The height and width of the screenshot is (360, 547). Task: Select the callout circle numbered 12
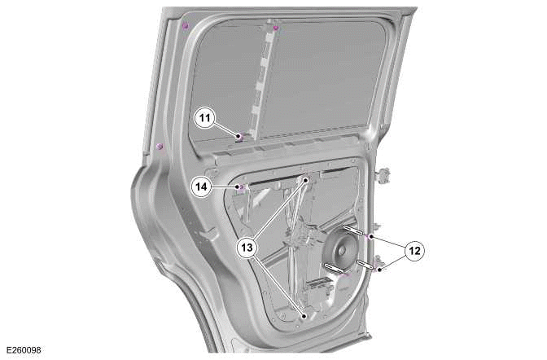click(x=415, y=252)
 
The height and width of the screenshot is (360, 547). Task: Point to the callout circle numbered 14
click(x=203, y=187)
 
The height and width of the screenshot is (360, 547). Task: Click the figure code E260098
click(x=23, y=350)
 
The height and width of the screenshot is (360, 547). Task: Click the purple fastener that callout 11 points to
click(x=238, y=137)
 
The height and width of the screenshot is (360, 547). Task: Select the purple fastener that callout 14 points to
click(x=241, y=187)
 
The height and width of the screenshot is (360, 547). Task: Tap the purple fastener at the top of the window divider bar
click(x=276, y=29)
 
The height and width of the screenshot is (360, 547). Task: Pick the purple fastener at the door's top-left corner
click(x=186, y=27)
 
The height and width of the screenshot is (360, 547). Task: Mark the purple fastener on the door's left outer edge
click(x=160, y=146)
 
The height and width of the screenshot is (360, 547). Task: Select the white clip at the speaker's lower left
click(x=333, y=266)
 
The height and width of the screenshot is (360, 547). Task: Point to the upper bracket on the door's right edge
click(x=383, y=173)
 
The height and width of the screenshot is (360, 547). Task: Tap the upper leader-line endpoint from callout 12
click(x=371, y=235)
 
